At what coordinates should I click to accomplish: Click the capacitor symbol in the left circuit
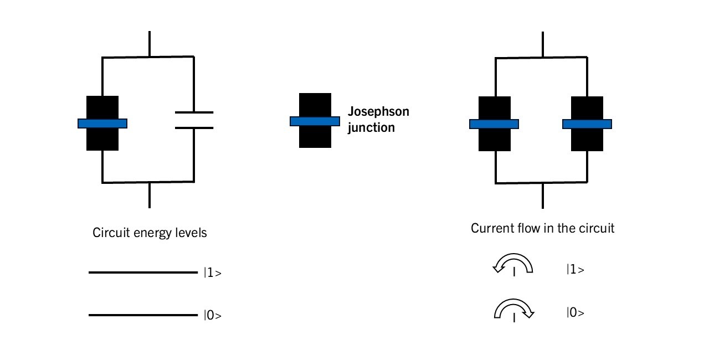pos(194,120)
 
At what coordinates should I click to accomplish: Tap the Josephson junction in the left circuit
pos(102,123)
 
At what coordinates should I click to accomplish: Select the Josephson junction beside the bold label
pos(315,120)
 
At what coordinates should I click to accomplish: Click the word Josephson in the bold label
pos(378,111)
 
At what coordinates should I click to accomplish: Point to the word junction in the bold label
pos(371,127)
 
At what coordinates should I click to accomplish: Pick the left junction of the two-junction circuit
pos(494,124)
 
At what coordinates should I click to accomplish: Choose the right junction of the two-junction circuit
pos(587,124)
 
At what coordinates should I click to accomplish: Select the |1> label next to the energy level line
pos(213,272)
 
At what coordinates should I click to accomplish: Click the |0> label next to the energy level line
pos(213,316)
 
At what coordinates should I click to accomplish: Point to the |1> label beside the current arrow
pos(576,270)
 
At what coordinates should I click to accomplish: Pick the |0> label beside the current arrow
pos(576,312)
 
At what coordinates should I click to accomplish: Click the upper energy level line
pos(142,272)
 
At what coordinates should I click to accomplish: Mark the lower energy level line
pos(142,316)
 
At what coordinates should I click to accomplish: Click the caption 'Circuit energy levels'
pos(150,233)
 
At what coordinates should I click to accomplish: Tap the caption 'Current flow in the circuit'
pos(542,228)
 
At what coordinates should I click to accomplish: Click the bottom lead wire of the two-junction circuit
pos(542,195)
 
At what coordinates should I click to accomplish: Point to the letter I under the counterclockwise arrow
pos(515,272)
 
